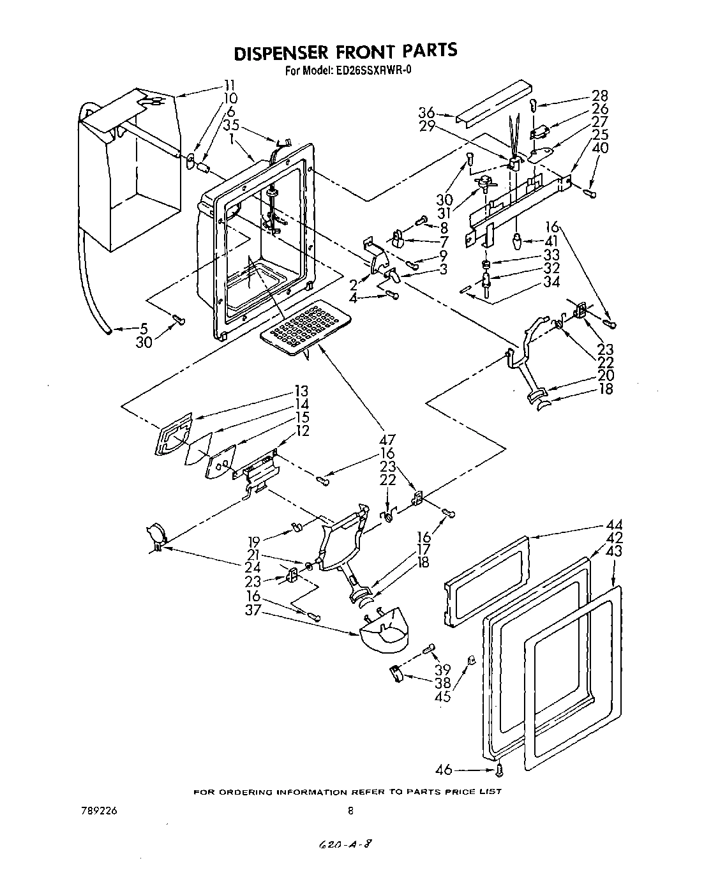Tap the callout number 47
coord(387,440)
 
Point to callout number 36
coord(427,113)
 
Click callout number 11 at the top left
coord(228,86)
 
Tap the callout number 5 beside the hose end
coord(144,329)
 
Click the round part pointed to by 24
coord(156,535)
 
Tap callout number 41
coord(553,242)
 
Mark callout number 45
coord(442,696)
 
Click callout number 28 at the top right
coord(600,96)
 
